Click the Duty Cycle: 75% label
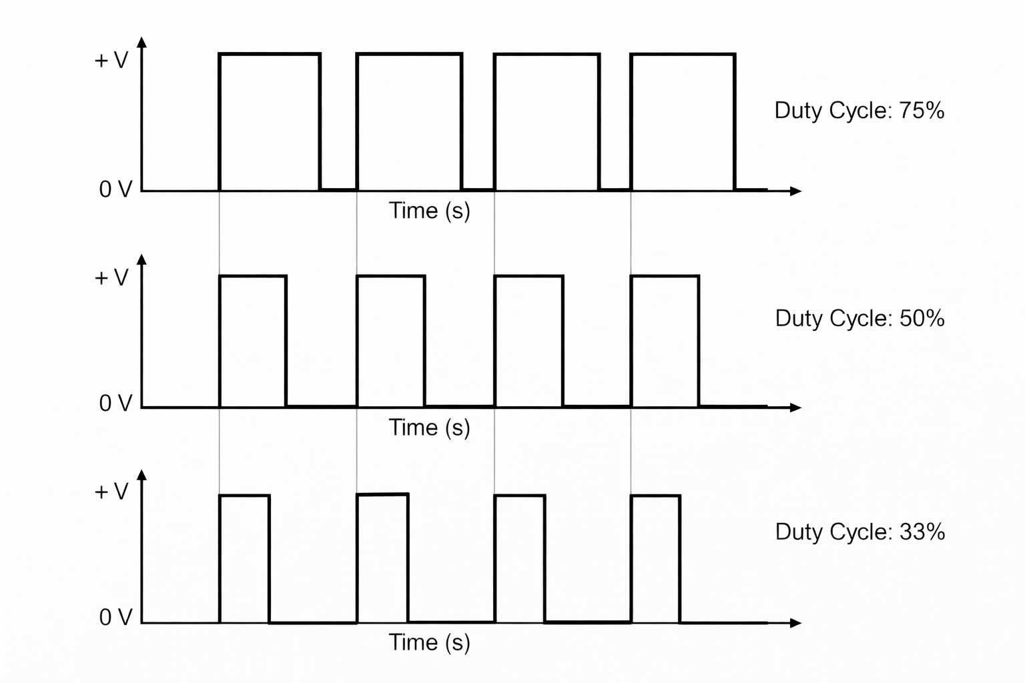pyautogui.click(x=859, y=111)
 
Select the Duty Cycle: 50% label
pyautogui.click(x=860, y=318)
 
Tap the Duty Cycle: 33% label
pyautogui.click(x=860, y=532)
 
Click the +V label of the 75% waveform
pyautogui.click(x=111, y=61)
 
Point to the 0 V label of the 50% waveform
pyautogui.click(x=115, y=403)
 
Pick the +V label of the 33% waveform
pyautogui.click(x=111, y=492)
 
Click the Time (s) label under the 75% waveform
pyautogui.click(x=429, y=211)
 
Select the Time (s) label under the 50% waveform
pyautogui.click(x=429, y=428)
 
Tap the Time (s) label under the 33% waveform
pyautogui.click(x=429, y=642)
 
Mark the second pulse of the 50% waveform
pyautogui.click(x=390, y=341)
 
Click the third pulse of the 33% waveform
pyautogui.click(x=520, y=559)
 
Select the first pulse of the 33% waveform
pyautogui.click(x=245, y=559)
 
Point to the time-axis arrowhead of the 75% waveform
pyautogui.click(x=795, y=191)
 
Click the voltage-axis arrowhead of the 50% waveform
pyautogui.click(x=141, y=259)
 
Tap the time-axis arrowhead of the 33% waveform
pyautogui.click(x=795, y=623)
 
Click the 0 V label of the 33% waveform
pyautogui.click(x=115, y=618)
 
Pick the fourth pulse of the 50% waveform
pyautogui.click(x=665, y=341)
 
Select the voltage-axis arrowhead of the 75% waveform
pyautogui.click(x=141, y=42)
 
